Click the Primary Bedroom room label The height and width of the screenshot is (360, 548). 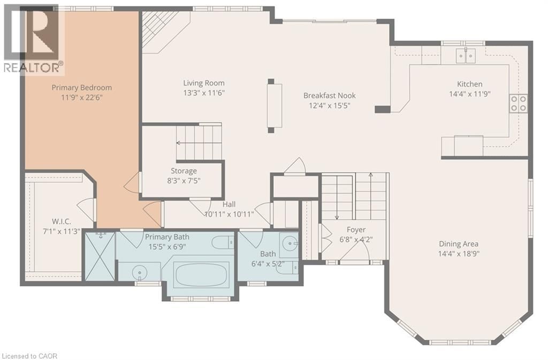81,87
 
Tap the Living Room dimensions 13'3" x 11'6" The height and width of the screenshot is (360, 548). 203,93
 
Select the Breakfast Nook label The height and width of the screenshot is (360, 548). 329,95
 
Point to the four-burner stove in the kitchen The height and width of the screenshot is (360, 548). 517,103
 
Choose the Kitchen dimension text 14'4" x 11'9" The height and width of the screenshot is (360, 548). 469,93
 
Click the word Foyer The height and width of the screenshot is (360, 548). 356,229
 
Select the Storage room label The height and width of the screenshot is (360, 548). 184,171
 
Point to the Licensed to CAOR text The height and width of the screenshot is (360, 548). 29,356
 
